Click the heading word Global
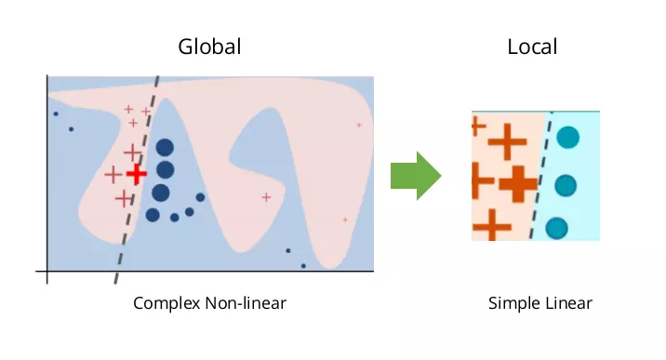209,47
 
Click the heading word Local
532,47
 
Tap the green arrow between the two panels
416,176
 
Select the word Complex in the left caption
166,303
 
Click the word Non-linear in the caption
246,303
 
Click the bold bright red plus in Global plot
137,174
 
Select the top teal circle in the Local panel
568,137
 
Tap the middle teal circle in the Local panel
566,185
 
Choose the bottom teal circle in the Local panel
557,228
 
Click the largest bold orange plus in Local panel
518,184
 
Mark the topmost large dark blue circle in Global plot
165,148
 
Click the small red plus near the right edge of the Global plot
359,126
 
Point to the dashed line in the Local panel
540,175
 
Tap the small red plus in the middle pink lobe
266,197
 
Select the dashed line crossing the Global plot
137,180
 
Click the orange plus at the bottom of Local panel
491,225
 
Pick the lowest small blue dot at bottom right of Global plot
303,266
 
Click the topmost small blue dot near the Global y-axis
56,113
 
